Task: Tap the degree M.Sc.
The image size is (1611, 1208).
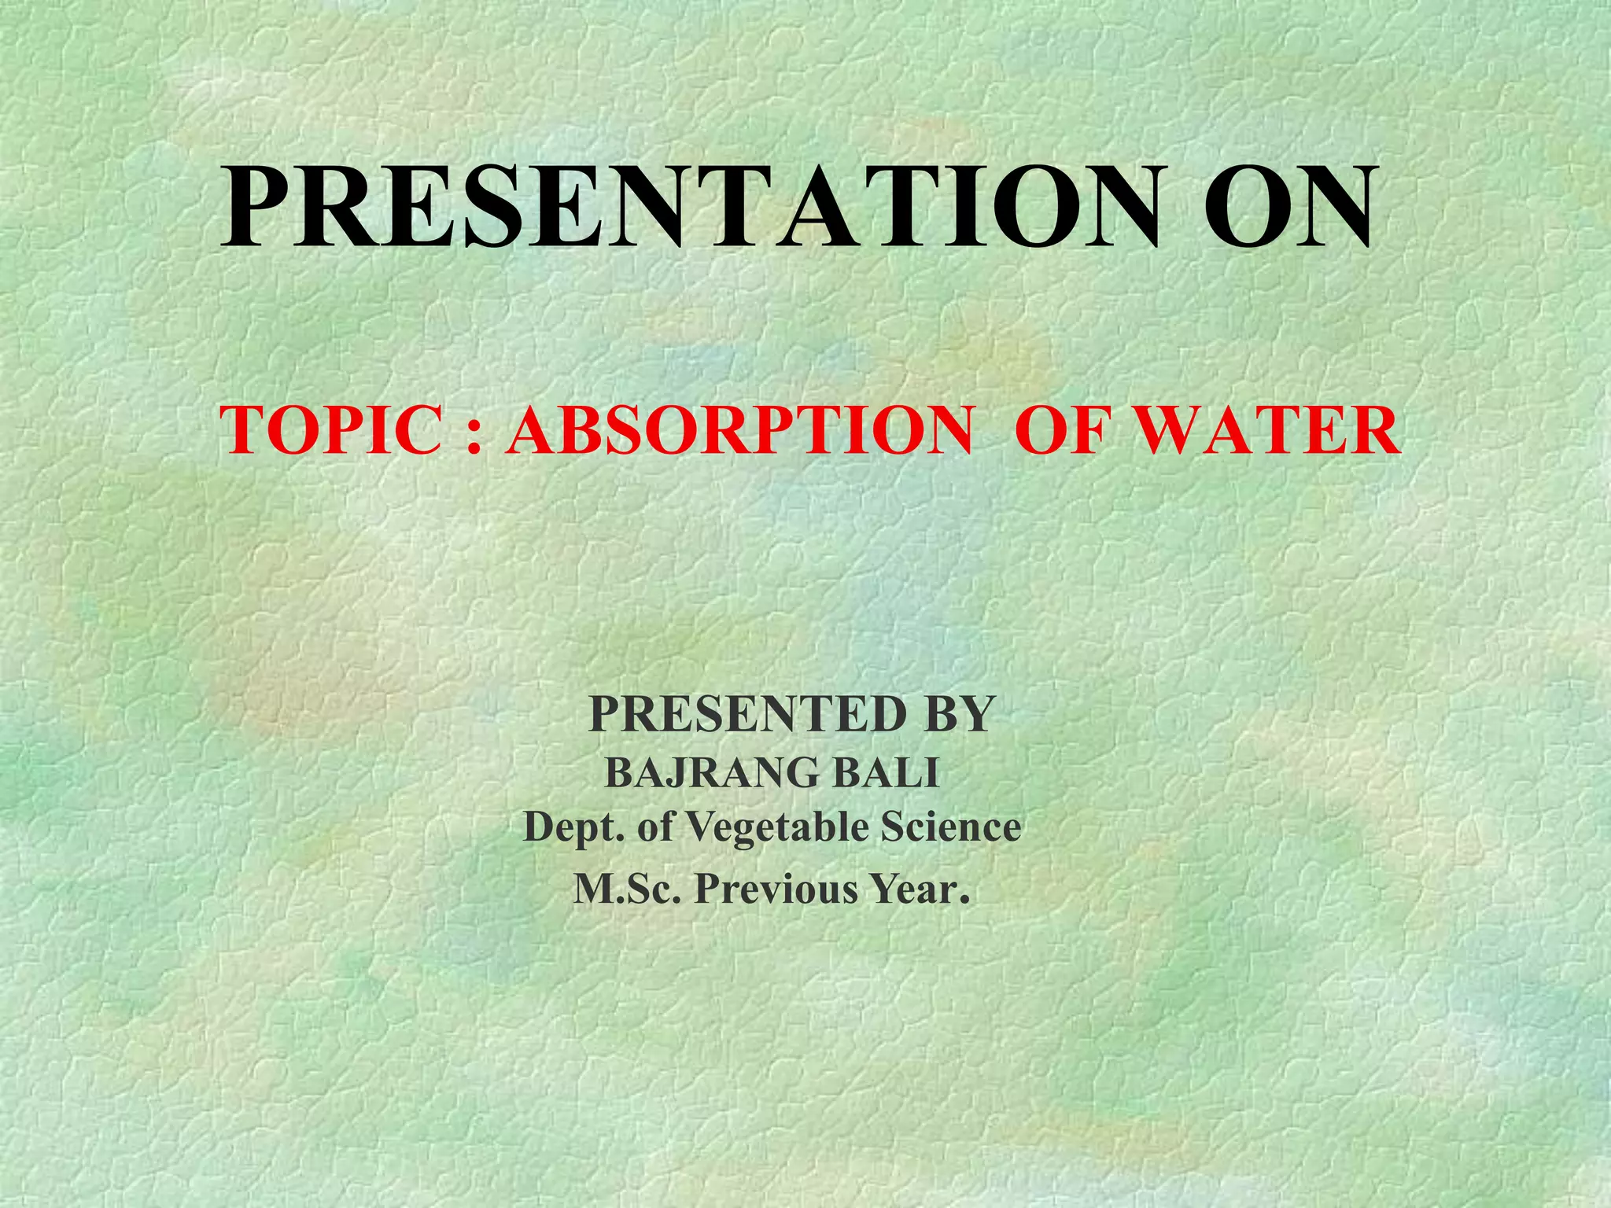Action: click(626, 889)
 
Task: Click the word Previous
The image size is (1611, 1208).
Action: click(775, 889)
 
